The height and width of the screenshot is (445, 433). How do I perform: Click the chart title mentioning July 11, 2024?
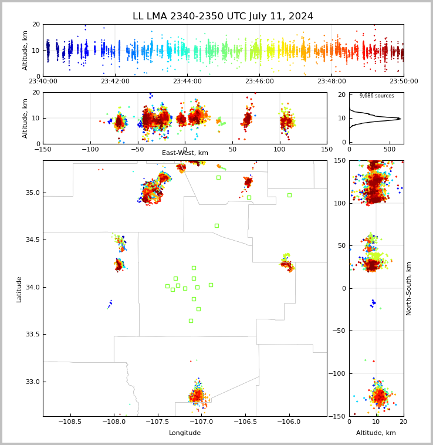pos(223,16)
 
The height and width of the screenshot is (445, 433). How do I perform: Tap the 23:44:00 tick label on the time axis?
pos(187,82)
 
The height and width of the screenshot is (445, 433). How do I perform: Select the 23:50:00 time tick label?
pos(404,82)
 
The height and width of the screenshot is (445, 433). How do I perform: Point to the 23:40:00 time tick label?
pos(43,82)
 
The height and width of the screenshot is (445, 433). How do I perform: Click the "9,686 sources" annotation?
pos(377,96)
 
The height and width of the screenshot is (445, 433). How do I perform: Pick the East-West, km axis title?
pos(185,153)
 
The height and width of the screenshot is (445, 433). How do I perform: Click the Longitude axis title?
pos(185,433)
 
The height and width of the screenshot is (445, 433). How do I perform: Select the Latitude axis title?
pos(19,289)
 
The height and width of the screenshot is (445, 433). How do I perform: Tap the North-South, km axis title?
pos(409,288)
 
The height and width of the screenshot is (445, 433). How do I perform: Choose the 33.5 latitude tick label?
pos(32,334)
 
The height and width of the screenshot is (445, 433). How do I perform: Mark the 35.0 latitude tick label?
pos(32,193)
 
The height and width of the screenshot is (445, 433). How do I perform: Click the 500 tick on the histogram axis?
pos(387,149)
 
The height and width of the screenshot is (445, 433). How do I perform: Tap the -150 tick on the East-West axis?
pos(43,149)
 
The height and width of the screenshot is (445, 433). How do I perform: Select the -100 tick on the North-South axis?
pos(338,373)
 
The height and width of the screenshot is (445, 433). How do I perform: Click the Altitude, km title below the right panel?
pos(376,433)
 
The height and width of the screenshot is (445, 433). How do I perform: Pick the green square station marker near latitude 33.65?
pos(191,321)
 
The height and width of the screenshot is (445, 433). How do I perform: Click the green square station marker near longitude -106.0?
pos(289,195)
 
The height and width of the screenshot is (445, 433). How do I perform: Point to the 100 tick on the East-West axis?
pos(279,149)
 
